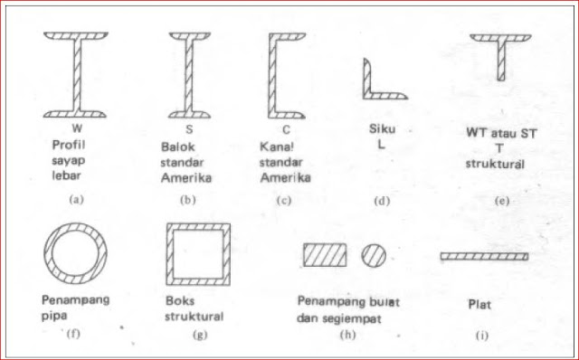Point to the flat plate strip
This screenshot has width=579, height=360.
coord(484,256)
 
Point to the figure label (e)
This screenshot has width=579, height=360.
coord(503,200)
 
